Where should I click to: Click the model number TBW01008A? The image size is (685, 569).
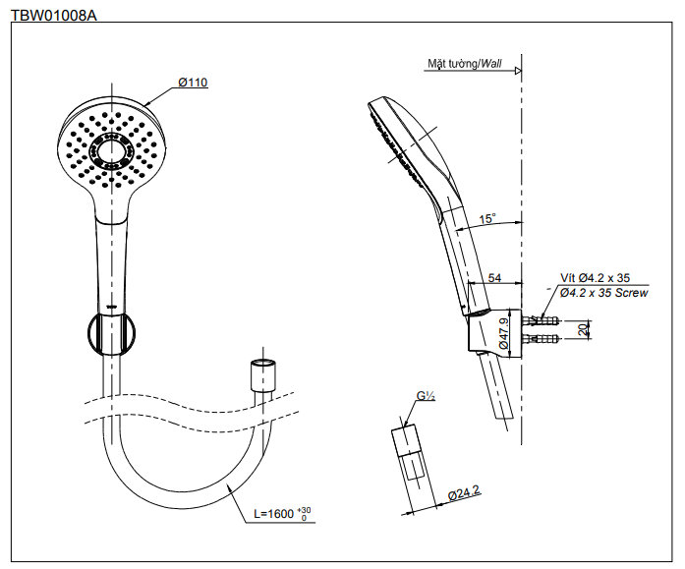[x=54, y=16]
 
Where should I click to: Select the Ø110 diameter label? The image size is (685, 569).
[x=193, y=83]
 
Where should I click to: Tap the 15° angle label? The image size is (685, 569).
[x=487, y=218]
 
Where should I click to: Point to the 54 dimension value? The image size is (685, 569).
[x=494, y=278]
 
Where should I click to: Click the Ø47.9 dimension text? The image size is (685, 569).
[x=503, y=333]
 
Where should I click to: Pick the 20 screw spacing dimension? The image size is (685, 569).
[x=583, y=329]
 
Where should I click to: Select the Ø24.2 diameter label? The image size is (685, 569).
[x=464, y=493]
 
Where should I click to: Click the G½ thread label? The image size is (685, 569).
[x=426, y=396]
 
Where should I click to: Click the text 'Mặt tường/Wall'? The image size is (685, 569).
[x=465, y=64]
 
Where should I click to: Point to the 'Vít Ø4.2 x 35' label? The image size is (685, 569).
[x=595, y=278]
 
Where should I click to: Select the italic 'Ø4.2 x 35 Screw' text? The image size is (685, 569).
[x=603, y=293]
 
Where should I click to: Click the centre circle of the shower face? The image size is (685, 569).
[x=111, y=151]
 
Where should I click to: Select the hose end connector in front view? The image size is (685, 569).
[x=263, y=375]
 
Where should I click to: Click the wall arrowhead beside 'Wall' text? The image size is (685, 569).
[x=518, y=71]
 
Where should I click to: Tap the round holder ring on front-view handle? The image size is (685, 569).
[x=111, y=333]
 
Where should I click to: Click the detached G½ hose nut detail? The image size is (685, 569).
[x=407, y=455]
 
